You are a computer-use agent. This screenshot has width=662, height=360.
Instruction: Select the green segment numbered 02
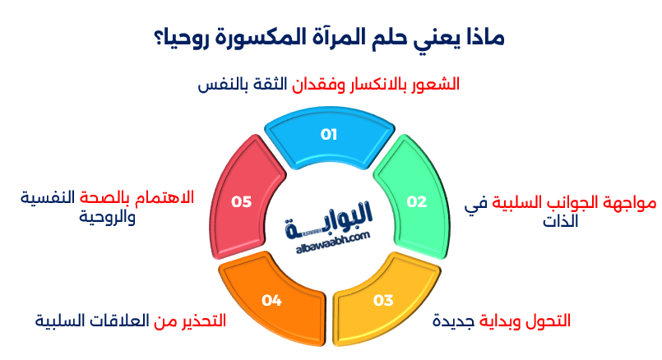tap(417, 201)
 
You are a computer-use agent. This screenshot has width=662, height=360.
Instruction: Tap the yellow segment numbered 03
tap(383, 300)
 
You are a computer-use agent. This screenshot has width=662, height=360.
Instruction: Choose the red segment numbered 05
tap(242, 201)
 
